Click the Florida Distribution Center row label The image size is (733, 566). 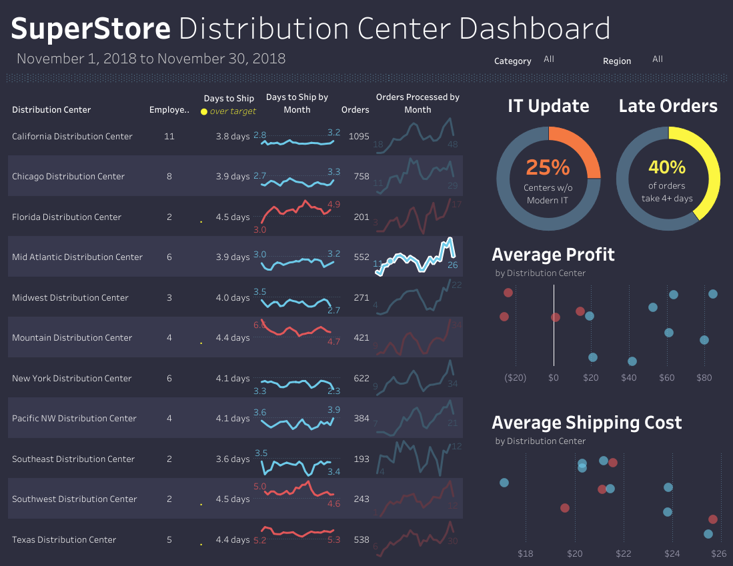click(x=67, y=217)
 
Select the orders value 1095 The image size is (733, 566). click(x=359, y=136)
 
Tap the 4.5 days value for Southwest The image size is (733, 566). click(x=232, y=499)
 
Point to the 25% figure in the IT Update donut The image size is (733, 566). click(x=548, y=167)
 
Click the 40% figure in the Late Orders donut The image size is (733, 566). click(x=667, y=167)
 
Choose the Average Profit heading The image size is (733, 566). click(x=553, y=255)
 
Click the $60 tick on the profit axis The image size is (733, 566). click(x=667, y=377)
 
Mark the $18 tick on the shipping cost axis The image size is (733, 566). click(x=526, y=553)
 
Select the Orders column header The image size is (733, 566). click(x=355, y=109)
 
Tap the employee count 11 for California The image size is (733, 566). click(x=169, y=136)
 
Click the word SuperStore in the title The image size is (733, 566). click(x=91, y=29)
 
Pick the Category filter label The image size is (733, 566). click(x=512, y=61)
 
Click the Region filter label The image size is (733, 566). click(x=616, y=61)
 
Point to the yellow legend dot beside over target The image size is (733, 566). click(x=204, y=111)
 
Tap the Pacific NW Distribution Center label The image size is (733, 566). click(x=74, y=418)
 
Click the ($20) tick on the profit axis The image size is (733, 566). click(x=516, y=377)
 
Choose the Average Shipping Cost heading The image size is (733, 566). click(x=586, y=423)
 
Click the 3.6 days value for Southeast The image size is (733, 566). click(x=232, y=459)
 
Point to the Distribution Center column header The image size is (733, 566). click(x=51, y=109)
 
